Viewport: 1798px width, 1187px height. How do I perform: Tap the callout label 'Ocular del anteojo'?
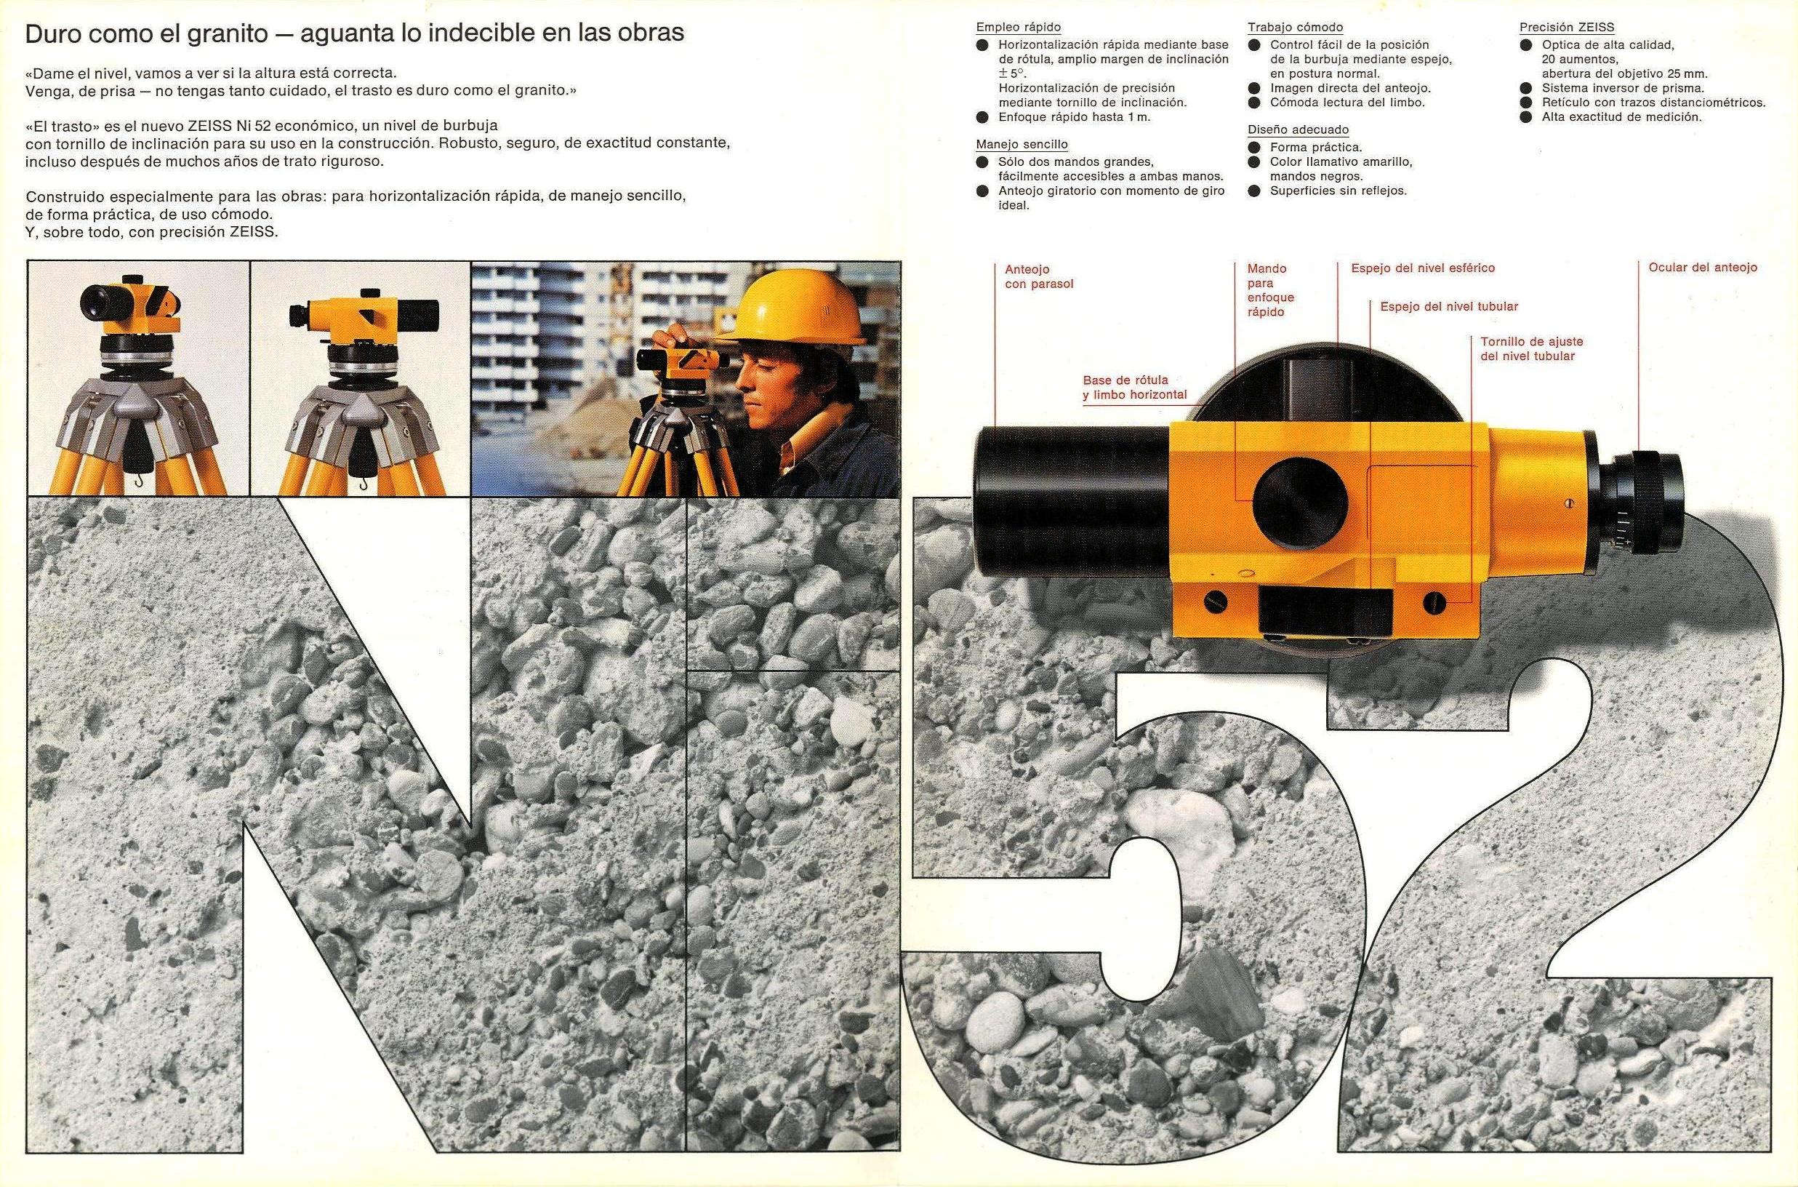pyautogui.click(x=1703, y=267)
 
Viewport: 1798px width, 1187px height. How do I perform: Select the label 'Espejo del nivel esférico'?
pyautogui.click(x=1423, y=268)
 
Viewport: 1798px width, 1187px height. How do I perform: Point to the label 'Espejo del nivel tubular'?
pyautogui.click(x=1449, y=307)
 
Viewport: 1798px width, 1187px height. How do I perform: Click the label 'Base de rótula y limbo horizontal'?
pyautogui.click(x=1134, y=387)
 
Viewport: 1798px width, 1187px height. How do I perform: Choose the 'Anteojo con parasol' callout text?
pyautogui.click(x=1039, y=276)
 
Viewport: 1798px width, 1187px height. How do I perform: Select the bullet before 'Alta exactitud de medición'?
pyautogui.click(x=1526, y=117)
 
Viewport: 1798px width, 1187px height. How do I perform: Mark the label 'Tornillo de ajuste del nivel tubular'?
pyautogui.click(x=1532, y=348)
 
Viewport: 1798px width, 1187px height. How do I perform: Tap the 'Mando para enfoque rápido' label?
pyautogui.click(x=1271, y=290)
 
